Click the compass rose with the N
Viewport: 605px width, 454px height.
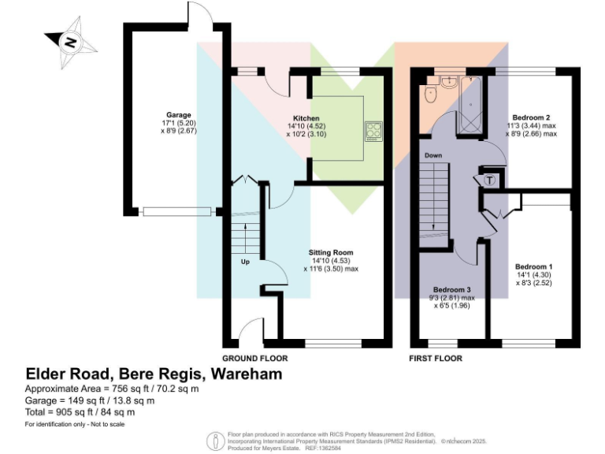(70, 43)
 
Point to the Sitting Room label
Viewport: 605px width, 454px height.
(330, 253)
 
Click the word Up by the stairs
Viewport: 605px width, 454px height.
(245, 261)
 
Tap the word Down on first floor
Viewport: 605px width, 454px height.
(433, 155)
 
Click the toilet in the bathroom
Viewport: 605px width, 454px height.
(430, 95)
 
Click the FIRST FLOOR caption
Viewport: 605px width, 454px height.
(435, 358)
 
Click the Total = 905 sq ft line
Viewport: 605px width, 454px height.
(80, 411)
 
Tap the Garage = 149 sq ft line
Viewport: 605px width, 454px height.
(90, 400)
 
